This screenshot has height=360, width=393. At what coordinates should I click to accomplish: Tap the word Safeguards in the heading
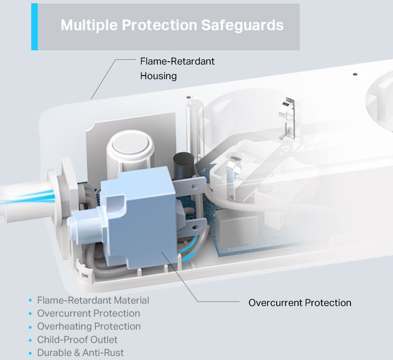point(243,25)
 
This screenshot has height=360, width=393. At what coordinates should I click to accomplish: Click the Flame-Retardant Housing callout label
point(177,69)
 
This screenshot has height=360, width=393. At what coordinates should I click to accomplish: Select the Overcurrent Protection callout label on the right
point(300,302)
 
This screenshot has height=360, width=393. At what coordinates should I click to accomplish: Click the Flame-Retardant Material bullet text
point(93,300)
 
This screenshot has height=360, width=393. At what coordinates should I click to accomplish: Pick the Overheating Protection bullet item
point(89,326)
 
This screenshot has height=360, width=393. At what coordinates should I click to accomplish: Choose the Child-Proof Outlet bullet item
point(77,339)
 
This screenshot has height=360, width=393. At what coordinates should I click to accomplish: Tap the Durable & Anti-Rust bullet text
point(80,352)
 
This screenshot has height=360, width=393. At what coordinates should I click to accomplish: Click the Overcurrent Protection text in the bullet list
point(88,313)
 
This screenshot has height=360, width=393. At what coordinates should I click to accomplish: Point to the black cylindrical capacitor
point(183,166)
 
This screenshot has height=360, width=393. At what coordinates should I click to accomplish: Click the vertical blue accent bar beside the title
point(34,27)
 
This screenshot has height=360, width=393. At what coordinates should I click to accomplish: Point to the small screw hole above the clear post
point(189,97)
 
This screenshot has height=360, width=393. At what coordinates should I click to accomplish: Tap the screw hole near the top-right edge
point(355,74)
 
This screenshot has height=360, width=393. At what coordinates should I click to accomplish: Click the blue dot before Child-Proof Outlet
point(30,340)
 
